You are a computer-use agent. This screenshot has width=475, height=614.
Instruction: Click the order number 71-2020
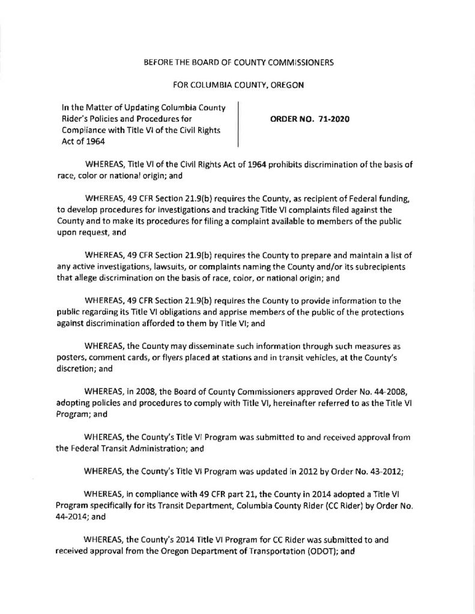331,119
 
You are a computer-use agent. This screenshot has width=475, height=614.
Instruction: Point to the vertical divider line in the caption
238,124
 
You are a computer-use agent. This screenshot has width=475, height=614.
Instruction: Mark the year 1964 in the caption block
83,142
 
